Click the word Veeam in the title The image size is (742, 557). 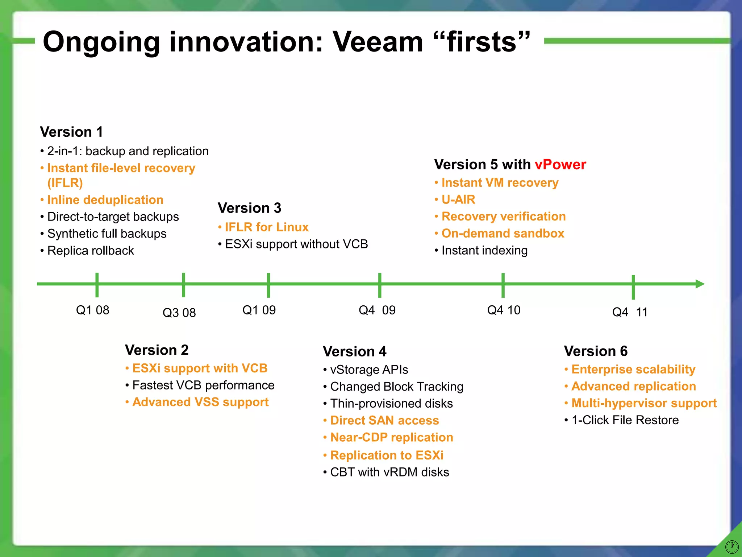378,42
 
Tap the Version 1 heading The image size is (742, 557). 71,132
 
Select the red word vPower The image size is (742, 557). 560,165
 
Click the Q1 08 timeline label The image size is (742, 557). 92,310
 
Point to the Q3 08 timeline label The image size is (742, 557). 179,313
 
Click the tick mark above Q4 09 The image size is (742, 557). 379,285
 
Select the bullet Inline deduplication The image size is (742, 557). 105,200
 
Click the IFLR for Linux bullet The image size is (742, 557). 266,227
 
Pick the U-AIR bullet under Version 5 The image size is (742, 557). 458,199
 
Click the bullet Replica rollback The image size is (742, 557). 90,251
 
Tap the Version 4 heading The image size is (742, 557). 354,351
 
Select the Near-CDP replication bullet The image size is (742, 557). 391,437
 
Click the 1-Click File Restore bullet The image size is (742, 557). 625,420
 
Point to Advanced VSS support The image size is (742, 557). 200,402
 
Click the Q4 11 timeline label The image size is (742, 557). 630,312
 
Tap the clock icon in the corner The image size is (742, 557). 732,546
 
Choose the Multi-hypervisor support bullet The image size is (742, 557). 643,403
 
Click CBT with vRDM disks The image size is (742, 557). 389,472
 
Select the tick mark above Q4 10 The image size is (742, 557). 503,285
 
